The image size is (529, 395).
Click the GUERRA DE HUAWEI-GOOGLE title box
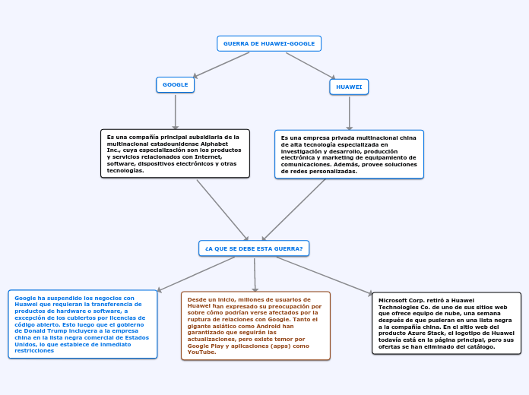pos(269,43)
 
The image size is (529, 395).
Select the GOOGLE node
pos(175,84)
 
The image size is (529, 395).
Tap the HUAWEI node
pos(349,87)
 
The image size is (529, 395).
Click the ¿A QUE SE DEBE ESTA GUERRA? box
pos(254,248)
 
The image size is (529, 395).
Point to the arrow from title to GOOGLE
pos(221,65)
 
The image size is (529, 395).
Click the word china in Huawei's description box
pos(407,137)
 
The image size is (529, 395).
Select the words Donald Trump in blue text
pos(39,331)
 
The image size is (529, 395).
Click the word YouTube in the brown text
pos(201,352)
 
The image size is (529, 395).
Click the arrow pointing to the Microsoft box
pos(324,275)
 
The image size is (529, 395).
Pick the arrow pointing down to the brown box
pos(255,274)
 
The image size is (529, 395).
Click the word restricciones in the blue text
pos(34,350)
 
